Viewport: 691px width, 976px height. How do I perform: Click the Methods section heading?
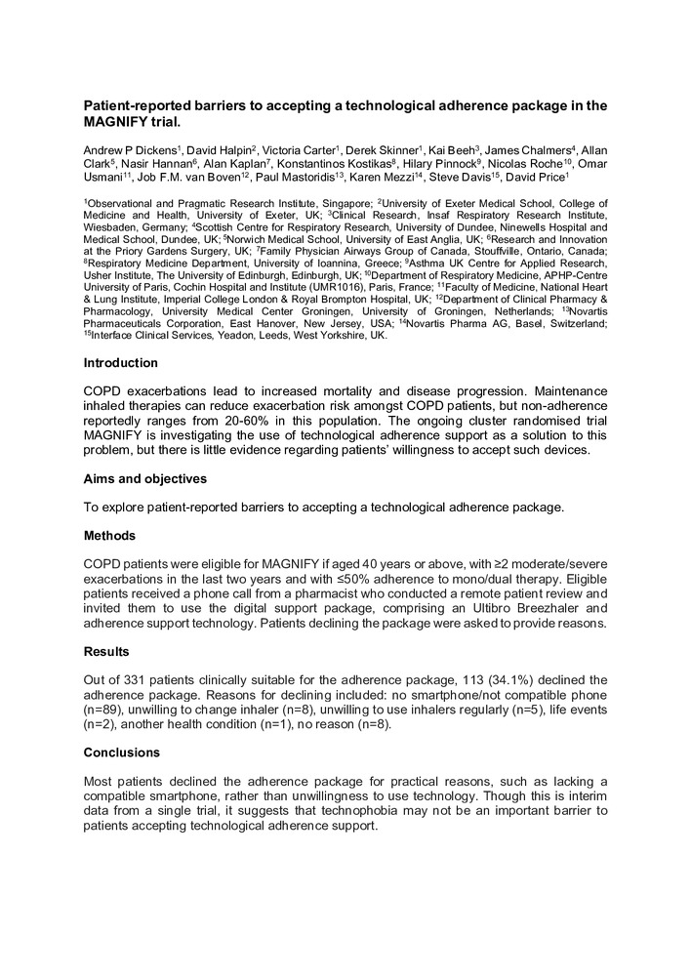point(109,536)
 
